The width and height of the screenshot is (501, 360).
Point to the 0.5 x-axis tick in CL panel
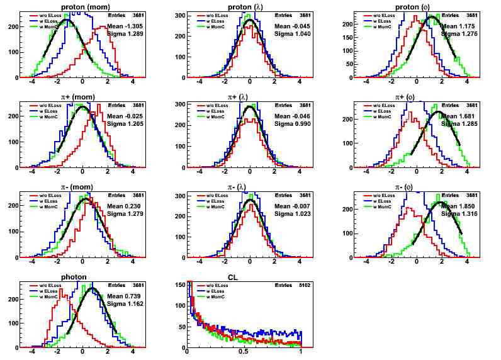click(x=244, y=351)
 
